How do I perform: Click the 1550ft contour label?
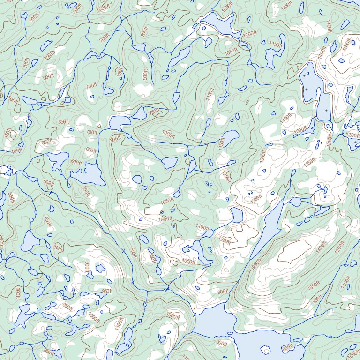tap(346, 45)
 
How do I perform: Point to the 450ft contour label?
tap(7, 133)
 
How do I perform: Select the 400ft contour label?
tap(16, 151)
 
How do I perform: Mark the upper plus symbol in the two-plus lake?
tap(305, 75)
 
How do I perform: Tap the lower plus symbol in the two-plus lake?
tap(307, 89)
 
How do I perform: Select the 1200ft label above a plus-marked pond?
tap(352, 135)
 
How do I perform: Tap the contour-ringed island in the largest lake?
tap(265, 350)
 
